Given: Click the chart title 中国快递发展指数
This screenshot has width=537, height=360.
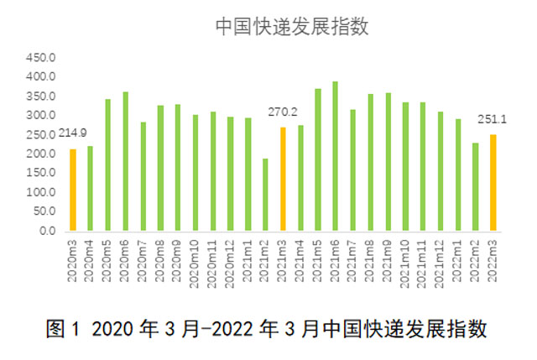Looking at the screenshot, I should [x=292, y=26].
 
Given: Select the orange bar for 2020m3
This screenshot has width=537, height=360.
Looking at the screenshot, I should [x=73, y=190].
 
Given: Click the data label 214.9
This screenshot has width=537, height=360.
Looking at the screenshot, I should [x=72, y=133].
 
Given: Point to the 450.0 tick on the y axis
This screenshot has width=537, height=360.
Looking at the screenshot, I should [x=40, y=59].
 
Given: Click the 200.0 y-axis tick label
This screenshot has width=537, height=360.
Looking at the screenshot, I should [x=40, y=154].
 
